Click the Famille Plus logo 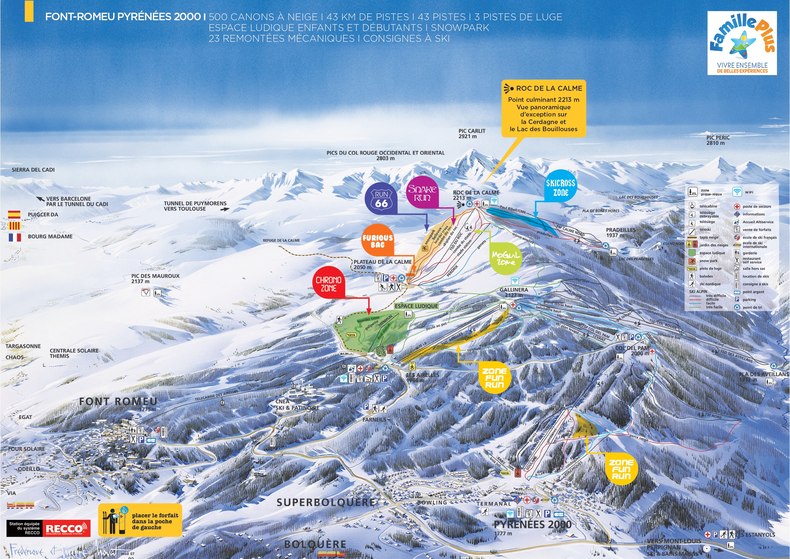(742, 43)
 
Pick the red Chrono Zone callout (329, 284)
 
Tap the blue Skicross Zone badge (561, 187)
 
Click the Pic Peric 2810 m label (718, 140)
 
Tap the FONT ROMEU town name (118, 402)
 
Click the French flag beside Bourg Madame (14, 237)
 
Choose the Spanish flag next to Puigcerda (14, 215)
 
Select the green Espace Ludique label (416, 306)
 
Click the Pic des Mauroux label (155, 278)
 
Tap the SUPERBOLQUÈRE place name (326, 502)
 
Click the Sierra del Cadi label (33, 170)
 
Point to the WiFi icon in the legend (737, 192)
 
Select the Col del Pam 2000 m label (632, 350)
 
